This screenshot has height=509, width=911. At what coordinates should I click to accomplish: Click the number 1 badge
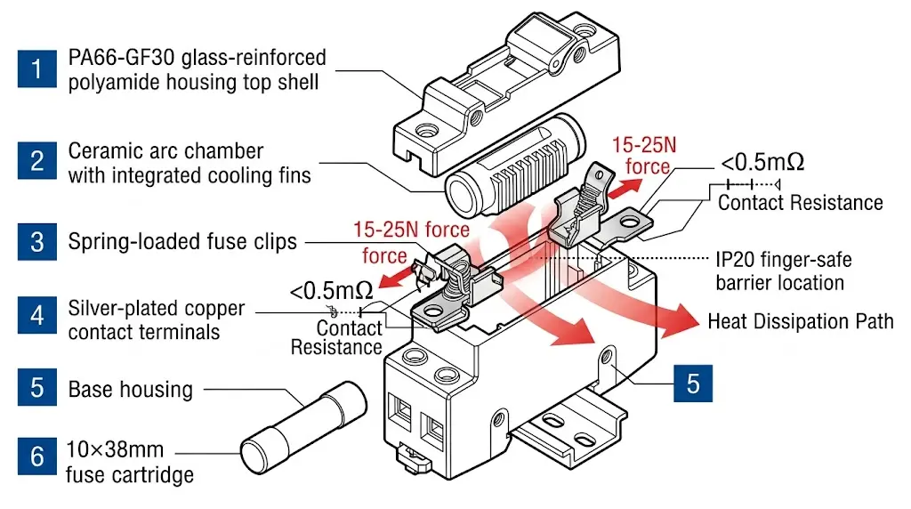tap(36, 69)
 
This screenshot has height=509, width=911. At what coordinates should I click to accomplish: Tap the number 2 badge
tap(36, 161)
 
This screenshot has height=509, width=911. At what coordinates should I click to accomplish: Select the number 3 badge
tap(36, 241)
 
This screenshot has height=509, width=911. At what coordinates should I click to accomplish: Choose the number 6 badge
tap(36, 457)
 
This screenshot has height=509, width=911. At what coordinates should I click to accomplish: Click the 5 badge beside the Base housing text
tap(36, 389)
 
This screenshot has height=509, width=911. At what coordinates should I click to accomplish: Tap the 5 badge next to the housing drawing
tap(692, 383)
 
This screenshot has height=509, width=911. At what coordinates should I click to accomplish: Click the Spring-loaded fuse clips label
tap(182, 241)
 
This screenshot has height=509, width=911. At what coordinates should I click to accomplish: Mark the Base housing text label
tap(130, 389)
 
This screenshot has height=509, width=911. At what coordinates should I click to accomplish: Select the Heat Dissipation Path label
tap(800, 321)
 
